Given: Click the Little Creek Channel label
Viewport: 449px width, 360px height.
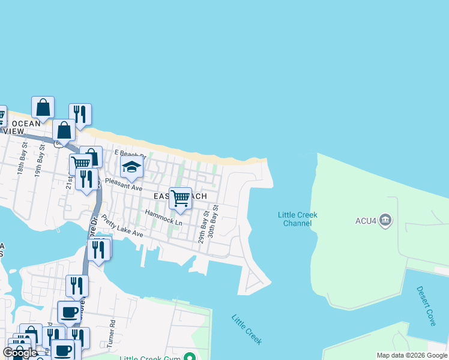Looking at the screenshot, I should pyautogui.click(x=297, y=219).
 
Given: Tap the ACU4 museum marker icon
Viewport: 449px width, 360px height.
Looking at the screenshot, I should pyautogui.click(x=385, y=221).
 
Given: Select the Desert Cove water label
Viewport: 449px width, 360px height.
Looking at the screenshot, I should pyautogui.click(x=427, y=306).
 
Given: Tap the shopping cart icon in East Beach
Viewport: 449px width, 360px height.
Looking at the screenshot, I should pyautogui.click(x=180, y=198).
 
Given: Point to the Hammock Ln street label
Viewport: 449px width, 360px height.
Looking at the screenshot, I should pyautogui.click(x=163, y=217).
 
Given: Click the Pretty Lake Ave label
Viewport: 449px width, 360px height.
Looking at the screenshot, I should pyautogui.click(x=122, y=226).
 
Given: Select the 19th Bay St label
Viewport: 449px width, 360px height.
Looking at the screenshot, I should pyautogui.click(x=40, y=164).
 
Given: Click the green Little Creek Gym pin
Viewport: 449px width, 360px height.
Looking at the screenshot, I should pyautogui.click(x=190, y=358).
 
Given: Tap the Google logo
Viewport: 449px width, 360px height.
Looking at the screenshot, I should pyautogui.click(x=20, y=353).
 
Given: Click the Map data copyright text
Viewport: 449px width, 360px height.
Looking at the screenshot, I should pyautogui.click(x=412, y=355).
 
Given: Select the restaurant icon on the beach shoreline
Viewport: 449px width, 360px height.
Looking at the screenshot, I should pyautogui.click(x=80, y=114).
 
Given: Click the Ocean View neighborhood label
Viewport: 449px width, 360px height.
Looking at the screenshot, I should pyautogui.click(x=23, y=127).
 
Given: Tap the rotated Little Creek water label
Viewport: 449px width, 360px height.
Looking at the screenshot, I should pyautogui.click(x=246, y=329).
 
